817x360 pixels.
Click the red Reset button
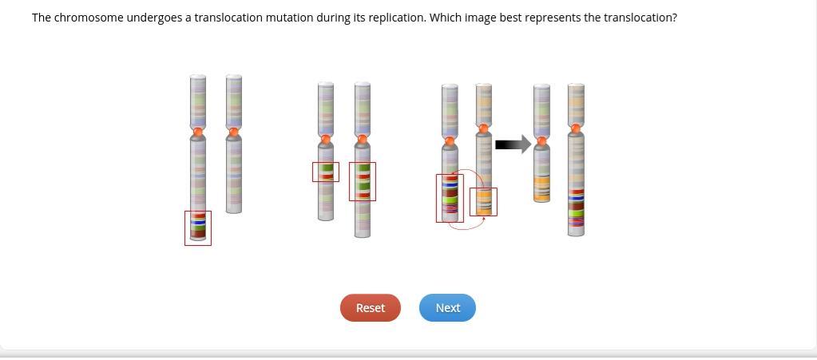[x=370, y=308]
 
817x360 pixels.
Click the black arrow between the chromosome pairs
[x=513, y=144]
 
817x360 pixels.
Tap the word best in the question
[x=510, y=18]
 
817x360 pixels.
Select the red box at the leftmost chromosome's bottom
[x=198, y=228]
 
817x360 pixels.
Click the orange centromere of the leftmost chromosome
[x=198, y=132]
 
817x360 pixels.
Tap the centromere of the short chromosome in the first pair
[x=234, y=131]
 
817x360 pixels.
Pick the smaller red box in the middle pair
[x=326, y=172]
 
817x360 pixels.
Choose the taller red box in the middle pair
[x=363, y=181]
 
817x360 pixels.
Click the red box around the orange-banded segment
[x=483, y=202]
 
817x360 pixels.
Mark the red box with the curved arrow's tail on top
[x=450, y=198]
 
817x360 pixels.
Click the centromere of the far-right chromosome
[x=576, y=129]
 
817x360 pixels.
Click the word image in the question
[x=481, y=18]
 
